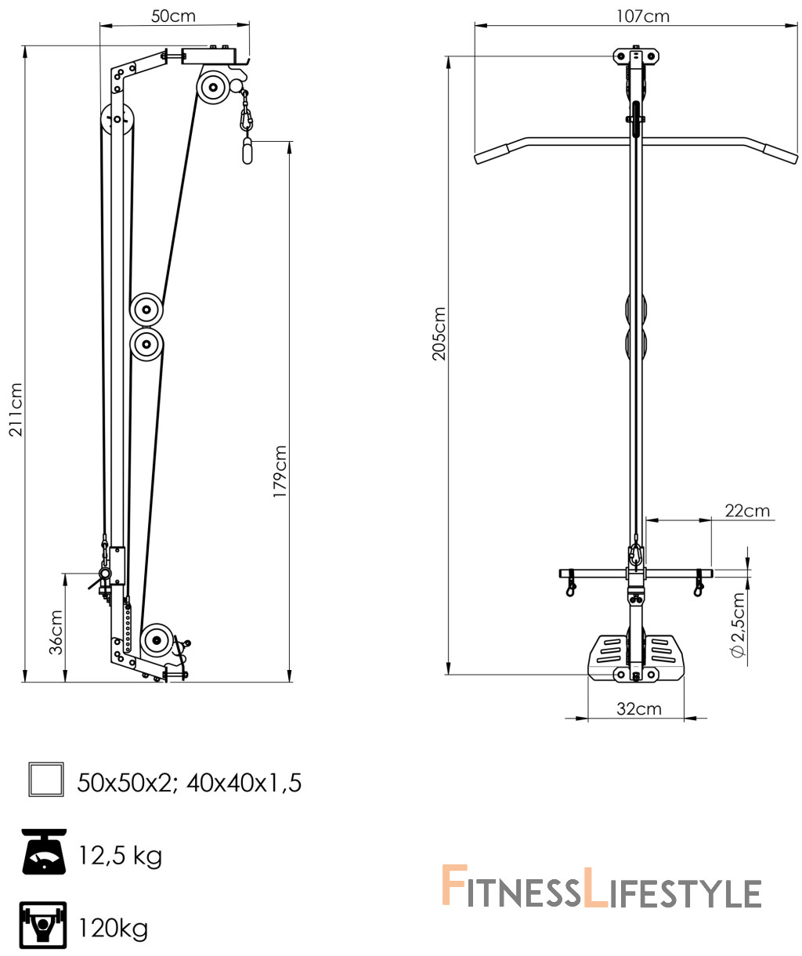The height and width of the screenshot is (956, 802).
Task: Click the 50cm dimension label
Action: [x=173, y=16]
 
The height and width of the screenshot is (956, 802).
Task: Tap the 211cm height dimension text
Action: [x=16, y=409]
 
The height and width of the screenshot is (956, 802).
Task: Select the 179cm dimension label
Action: [x=280, y=471]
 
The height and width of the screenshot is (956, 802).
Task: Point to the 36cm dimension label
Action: [x=56, y=632]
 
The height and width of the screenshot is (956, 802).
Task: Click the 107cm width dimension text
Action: [x=642, y=16]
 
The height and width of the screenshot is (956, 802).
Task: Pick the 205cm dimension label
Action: [x=439, y=334]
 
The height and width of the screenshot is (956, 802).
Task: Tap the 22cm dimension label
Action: [x=747, y=510]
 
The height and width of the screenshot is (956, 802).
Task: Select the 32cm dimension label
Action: [x=638, y=708]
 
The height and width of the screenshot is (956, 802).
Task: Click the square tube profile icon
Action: [x=46, y=779]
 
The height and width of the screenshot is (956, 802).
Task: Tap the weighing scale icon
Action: [x=44, y=851]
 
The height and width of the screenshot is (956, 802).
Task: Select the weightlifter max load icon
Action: [x=43, y=925]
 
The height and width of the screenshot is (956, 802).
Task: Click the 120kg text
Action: [x=113, y=928]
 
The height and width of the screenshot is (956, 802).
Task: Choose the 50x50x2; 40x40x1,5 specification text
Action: [x=189, y=783]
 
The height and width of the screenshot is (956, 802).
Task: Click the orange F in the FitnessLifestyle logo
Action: [x=454, y=885]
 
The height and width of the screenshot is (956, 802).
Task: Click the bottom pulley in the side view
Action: [x=157, y=640]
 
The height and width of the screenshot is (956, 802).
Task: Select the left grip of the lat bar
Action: [x=491, y=154]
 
